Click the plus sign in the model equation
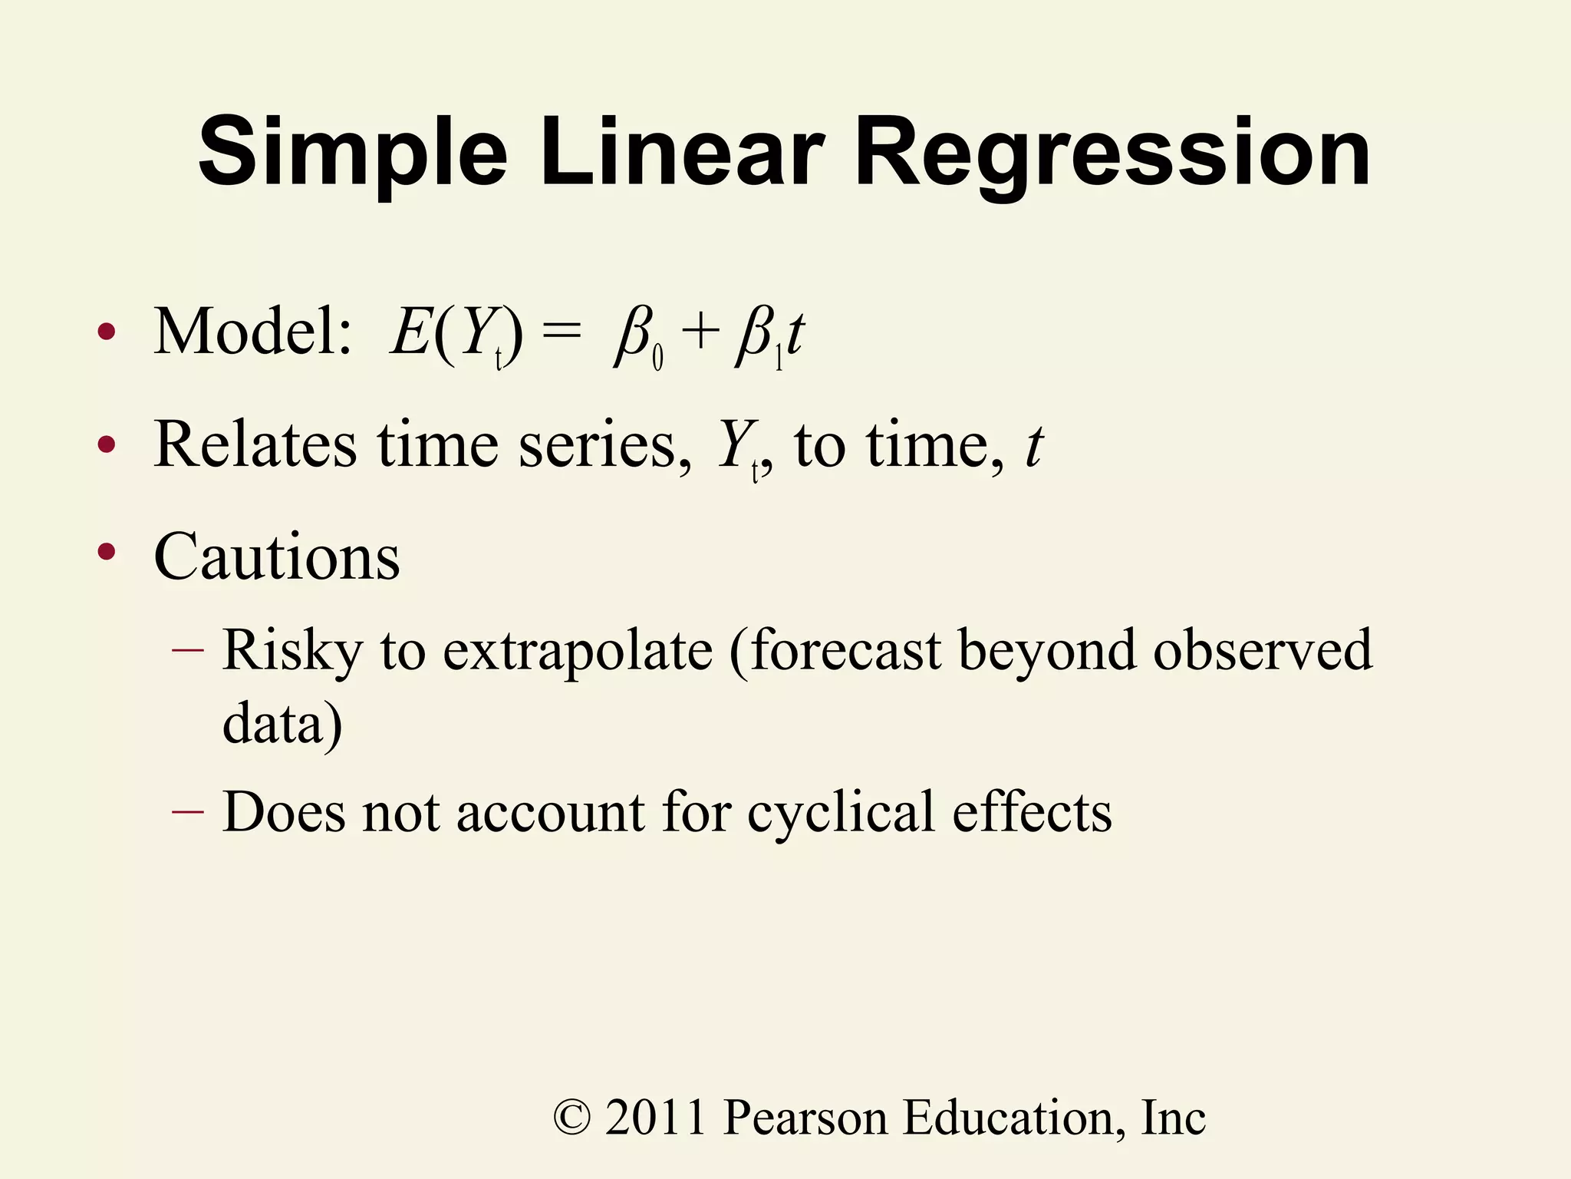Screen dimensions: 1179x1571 [x=700, y=334]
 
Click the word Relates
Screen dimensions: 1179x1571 [x=255, y=444]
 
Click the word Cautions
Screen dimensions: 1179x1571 [x=277, y=556]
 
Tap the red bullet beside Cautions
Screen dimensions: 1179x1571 [x=107, y=551]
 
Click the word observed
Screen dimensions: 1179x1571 [x=1262, y=650]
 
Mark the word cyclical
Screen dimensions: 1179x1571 [x=841, y=813]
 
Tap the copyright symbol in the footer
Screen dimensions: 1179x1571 [x=572, y=1118]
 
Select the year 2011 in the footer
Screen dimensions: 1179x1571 [x=656, y=1118]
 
